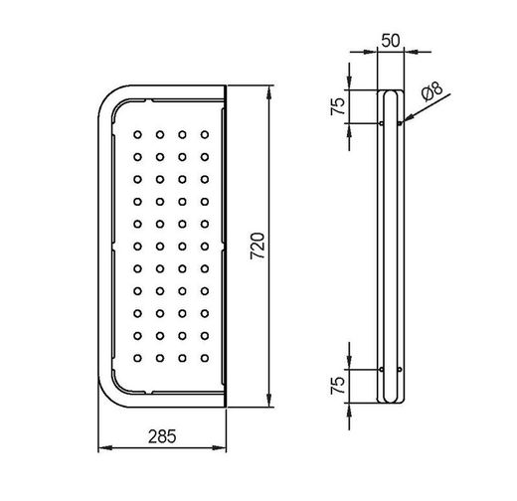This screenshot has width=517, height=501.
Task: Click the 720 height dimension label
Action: click(258, 246)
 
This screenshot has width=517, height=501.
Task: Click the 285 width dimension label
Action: click(162, 436)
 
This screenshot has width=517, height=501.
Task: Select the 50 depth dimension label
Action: click(391, 41)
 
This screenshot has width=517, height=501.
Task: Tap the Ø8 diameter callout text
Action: click(432, 91)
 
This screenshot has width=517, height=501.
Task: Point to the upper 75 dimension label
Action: click(338, 106)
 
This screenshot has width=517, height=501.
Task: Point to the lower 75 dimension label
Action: click(338, 386)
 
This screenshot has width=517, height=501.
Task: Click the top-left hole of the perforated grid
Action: click(137, 135)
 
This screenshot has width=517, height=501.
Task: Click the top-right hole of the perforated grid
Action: click(205, 135)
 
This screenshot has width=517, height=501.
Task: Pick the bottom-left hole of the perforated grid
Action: click(137, 358)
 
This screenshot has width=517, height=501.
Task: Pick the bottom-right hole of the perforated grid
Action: click(205, 358)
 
